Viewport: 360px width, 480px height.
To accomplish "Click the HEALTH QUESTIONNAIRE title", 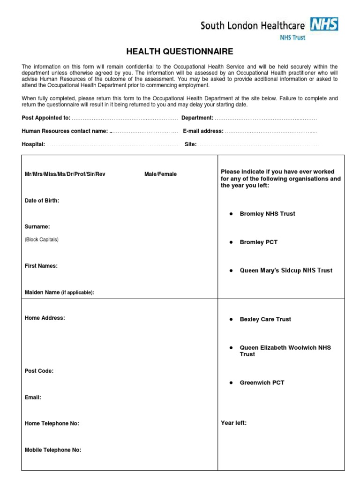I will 180,52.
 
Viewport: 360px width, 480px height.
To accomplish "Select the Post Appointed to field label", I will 46,118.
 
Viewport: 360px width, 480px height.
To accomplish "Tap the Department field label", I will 197,118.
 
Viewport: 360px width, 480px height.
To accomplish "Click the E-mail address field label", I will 203,131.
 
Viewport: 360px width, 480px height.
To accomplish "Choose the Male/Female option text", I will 160,174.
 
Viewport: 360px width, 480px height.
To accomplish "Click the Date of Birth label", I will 42,201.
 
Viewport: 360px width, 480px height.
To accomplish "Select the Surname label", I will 37,227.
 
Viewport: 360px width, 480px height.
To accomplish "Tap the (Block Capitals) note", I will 41,240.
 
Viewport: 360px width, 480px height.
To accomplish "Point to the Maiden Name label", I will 59,292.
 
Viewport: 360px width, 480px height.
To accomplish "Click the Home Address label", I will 45,318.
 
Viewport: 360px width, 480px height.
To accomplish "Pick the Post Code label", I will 39,371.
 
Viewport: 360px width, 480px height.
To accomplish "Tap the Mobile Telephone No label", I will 52,450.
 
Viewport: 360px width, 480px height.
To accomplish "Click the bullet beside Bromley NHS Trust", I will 231,214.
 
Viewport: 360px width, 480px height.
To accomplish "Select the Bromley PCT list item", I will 258,242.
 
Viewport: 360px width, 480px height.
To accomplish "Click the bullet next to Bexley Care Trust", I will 231,319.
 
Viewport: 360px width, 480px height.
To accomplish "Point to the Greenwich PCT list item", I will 262,382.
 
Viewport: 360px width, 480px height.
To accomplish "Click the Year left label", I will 233,423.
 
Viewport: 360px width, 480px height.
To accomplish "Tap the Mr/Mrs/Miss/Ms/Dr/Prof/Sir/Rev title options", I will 65,174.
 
